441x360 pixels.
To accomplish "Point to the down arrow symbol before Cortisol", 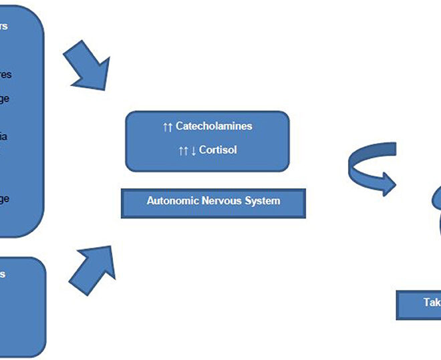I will click(194, 151).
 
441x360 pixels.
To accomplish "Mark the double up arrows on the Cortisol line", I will click(184, 151).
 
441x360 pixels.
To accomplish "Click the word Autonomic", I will click(172, 200).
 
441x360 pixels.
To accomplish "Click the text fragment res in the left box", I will click(5, 75).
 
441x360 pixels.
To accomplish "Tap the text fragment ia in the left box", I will click(4, 136).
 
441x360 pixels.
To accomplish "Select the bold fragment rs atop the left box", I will click(4, 27).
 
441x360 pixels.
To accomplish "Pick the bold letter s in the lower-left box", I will click(3, 274).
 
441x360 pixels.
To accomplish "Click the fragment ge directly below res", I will click(5, 99).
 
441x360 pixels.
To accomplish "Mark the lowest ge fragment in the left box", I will click(5, 198).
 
